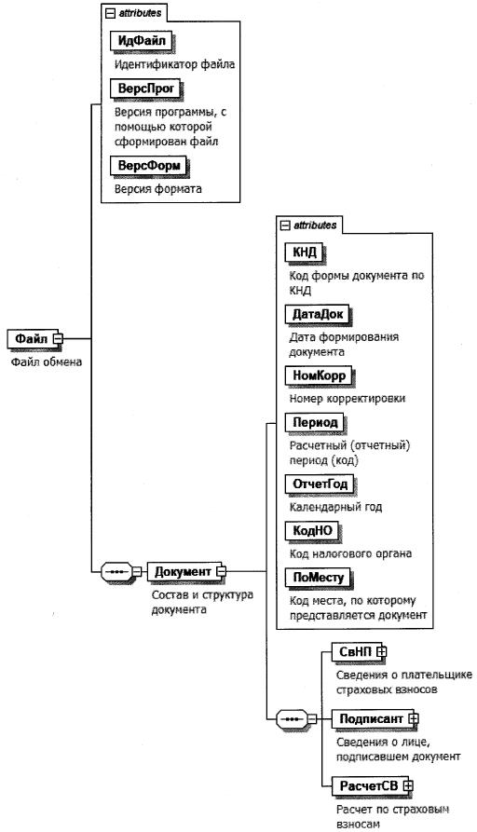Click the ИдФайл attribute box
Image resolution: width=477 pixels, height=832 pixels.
click(x=142, y=41)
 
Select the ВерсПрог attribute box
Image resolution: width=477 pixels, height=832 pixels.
click(x=145, y=89)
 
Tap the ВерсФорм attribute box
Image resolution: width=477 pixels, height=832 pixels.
click(x=149, y=166)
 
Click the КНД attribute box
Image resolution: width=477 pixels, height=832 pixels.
click(x=305, y=252)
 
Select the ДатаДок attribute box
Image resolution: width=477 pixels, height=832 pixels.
click(x=318, y=314)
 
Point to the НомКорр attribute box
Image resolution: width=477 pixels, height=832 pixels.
click(x=319, y=375)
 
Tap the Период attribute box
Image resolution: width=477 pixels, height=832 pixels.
click(x=315, y=422)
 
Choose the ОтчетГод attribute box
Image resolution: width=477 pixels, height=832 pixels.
click(x=320, y=484)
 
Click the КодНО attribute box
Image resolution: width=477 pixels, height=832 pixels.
click(x=312, y=531)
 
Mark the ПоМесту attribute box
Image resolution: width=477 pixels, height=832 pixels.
click(x=319, y=578)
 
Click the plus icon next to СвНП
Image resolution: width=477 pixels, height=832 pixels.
click(x=381, y=651)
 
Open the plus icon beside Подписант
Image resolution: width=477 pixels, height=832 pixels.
click(x=414, y=719)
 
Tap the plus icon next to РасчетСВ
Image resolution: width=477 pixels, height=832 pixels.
click(x=407, y=786)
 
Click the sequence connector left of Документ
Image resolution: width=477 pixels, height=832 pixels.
click(x=116, y=572)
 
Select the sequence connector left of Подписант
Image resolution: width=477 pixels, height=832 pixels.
click(x=293, y=719)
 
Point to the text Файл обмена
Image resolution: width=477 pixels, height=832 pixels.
click(x=47, y=362)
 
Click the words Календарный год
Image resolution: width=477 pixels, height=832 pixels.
click(x=335, y=507)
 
